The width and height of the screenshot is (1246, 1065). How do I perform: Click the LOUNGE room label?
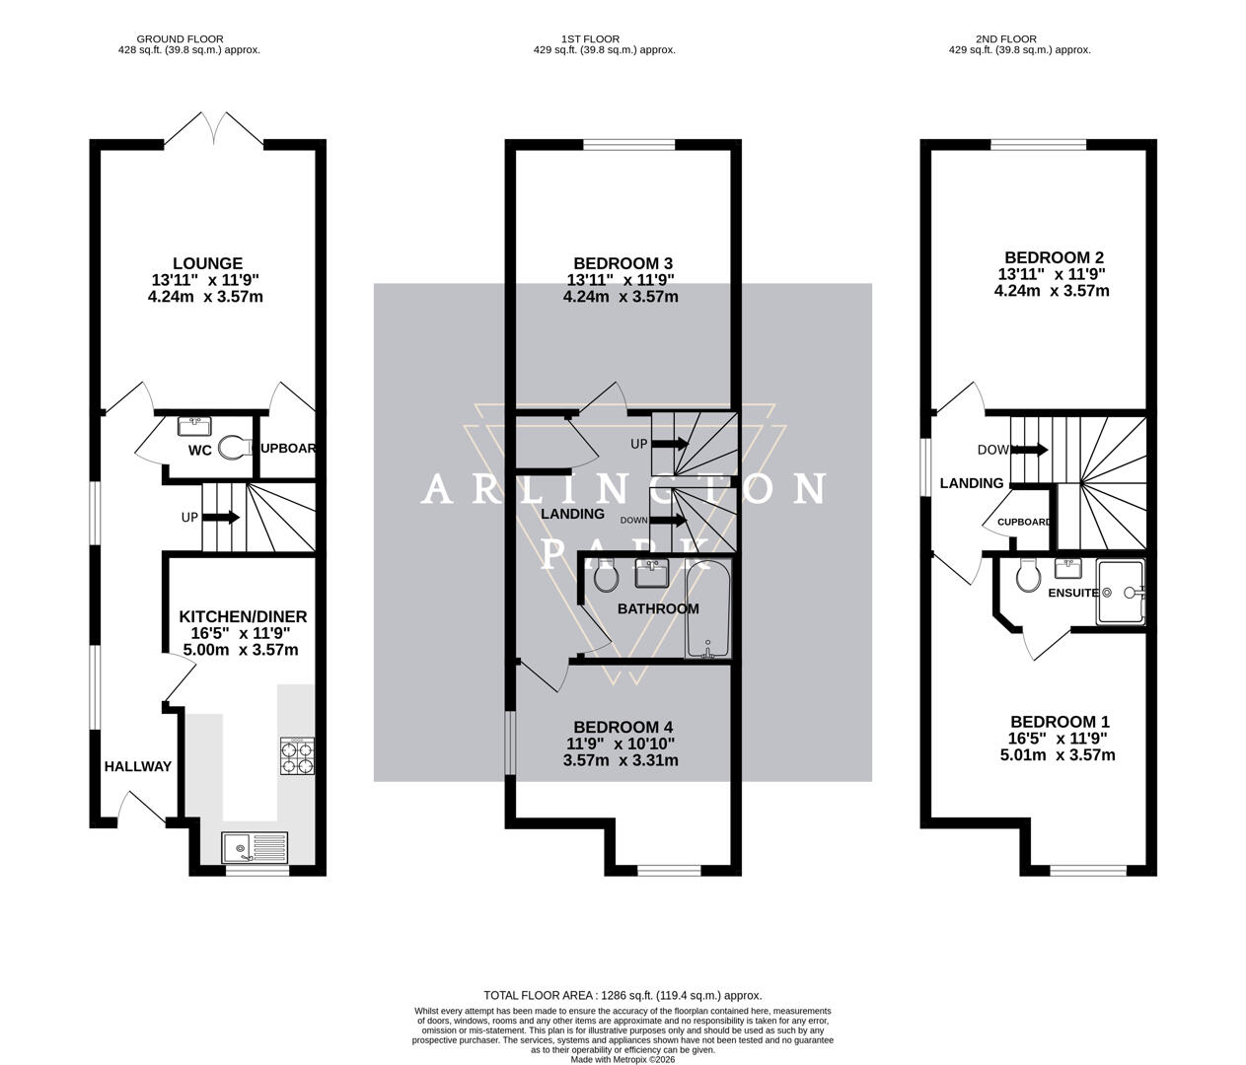point(207,263)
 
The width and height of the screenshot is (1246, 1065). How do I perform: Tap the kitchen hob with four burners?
point(298,755)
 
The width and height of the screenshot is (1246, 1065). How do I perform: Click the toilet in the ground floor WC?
point(232,449)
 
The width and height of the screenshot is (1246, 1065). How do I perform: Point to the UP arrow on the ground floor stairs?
point(222,517)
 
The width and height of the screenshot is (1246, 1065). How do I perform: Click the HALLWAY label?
point(138,766)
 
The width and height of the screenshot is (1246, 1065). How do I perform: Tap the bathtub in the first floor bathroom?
point(708,610)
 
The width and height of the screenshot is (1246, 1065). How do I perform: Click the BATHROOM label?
point(658,608)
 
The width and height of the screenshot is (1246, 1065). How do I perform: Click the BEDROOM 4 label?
point(621,727)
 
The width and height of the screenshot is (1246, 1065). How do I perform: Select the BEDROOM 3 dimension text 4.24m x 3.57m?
point(621,297)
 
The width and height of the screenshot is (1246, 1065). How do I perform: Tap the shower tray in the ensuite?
point(1122,593)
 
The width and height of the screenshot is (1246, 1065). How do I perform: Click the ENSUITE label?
point(1072,593)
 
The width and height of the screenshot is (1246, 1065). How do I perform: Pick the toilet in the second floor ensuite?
point(1028,576)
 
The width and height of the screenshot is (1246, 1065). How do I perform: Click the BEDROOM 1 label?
point(1057,722)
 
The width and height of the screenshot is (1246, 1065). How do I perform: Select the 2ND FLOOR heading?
point(1005,39)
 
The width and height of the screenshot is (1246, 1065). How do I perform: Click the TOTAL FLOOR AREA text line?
point(623,995)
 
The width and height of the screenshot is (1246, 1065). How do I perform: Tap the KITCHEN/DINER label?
point(243,616)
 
